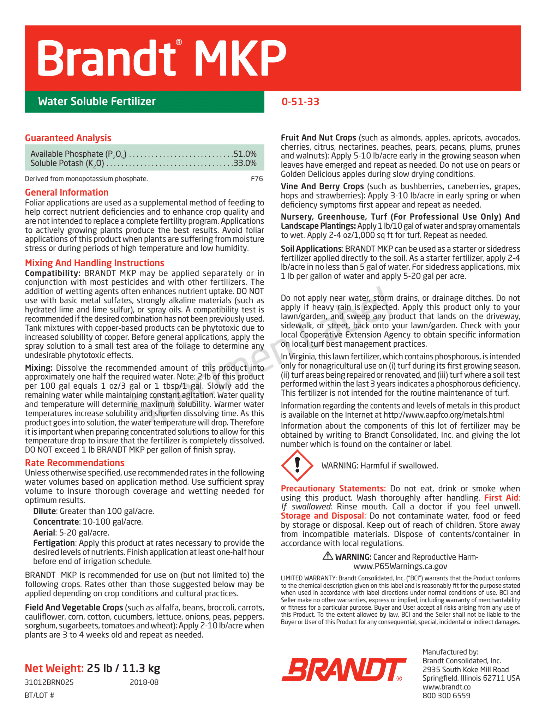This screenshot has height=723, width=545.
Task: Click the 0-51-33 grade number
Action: pyautogui.click(x=300, y=102)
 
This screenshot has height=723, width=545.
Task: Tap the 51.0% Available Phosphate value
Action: pyautogui.click(x=245, y=154)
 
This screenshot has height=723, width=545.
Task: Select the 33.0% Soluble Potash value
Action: pyautogui.click(x=245, y=163)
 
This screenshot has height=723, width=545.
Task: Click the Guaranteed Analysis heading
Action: pyautogui.click(x=68, y=138)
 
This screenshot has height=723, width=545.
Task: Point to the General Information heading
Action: pyautogui.click(x=67, y=192)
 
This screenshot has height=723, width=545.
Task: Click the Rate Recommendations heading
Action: pyautogui.click(x=74, y=463)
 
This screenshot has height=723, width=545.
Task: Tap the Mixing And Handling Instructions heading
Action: pyautogui.click(x=95, y=263)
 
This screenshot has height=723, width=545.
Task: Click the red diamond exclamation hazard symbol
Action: pyautogui.click(x=297, y=465)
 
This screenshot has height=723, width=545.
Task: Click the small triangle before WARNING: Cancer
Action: pyautogui.click(x=328, y=556)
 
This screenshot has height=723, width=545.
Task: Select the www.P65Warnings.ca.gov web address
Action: pyautogui.click(x=400, y=566)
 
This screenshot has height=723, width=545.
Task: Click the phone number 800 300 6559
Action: pyautogui.click(x=446, y=696)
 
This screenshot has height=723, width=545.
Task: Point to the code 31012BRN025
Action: pyautogui.click(x=49, y=682)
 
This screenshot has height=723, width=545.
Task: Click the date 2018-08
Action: pyautogui.click(x=144, y=682)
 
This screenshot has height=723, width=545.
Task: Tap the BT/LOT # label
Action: pyautogui.click(x=40, y=695)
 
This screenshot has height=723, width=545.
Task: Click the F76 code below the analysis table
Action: pyautogui.click(x=257, y=179)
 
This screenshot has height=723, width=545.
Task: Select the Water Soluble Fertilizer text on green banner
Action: pyautogui.click(x=97, y=102)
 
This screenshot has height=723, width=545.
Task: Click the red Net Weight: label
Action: pyautogui.click(x=54, y=668)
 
